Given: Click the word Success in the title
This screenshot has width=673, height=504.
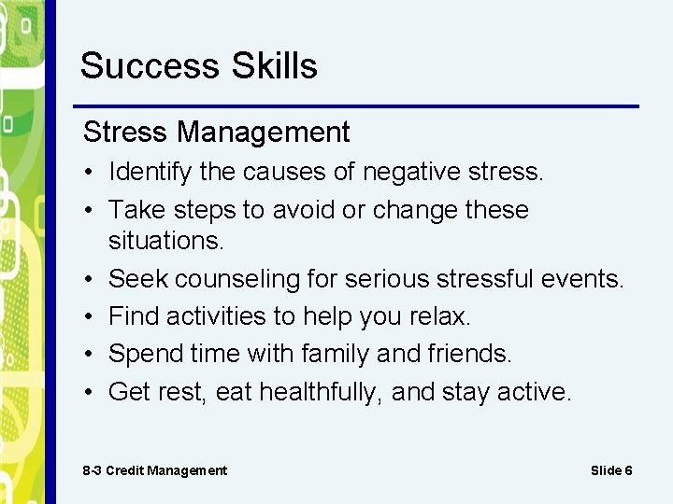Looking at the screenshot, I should (x=142, y=66).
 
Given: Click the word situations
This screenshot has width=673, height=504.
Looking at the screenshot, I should (x=166, y=240).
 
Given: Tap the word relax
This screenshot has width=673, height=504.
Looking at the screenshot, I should (x=439, y=316).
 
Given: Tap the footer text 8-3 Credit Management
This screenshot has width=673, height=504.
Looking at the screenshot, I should (x=154, y=470).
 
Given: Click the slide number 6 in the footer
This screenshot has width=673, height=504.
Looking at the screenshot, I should (x=628, y=470).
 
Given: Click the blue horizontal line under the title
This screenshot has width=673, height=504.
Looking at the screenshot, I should (x=355, y=105).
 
